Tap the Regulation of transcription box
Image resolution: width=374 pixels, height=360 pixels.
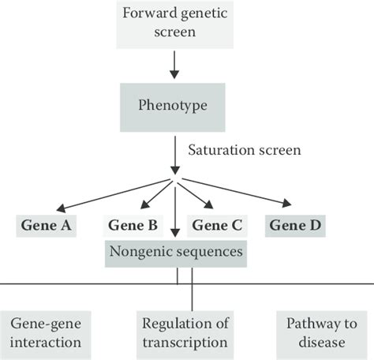pos(185,332)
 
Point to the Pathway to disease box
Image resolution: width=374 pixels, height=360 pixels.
pos(316,332)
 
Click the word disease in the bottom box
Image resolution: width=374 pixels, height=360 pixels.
pos(316,342)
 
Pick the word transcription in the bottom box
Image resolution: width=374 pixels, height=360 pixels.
pos(185,342)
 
